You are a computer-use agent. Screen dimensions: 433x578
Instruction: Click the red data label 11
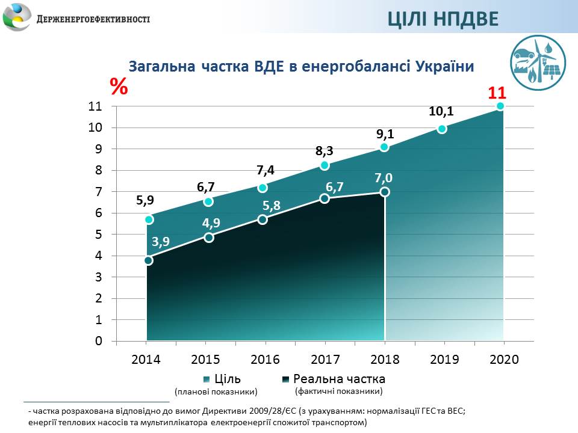497,93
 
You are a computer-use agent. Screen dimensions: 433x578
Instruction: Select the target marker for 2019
443,129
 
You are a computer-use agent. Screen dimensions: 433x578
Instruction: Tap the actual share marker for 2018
385,192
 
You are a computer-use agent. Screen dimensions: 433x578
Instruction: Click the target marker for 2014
149,220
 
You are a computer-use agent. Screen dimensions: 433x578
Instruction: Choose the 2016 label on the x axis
265,360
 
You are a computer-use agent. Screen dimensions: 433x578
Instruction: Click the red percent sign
119,87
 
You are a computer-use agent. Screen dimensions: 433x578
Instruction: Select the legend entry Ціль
227,379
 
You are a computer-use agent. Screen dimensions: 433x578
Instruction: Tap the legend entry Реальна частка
338,379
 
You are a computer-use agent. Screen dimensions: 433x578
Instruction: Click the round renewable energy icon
537,61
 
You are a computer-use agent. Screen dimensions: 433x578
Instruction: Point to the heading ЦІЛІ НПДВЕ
443,19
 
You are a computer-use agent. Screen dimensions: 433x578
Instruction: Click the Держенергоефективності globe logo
17,17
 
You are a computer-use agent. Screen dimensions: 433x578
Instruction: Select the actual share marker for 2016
263,220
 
